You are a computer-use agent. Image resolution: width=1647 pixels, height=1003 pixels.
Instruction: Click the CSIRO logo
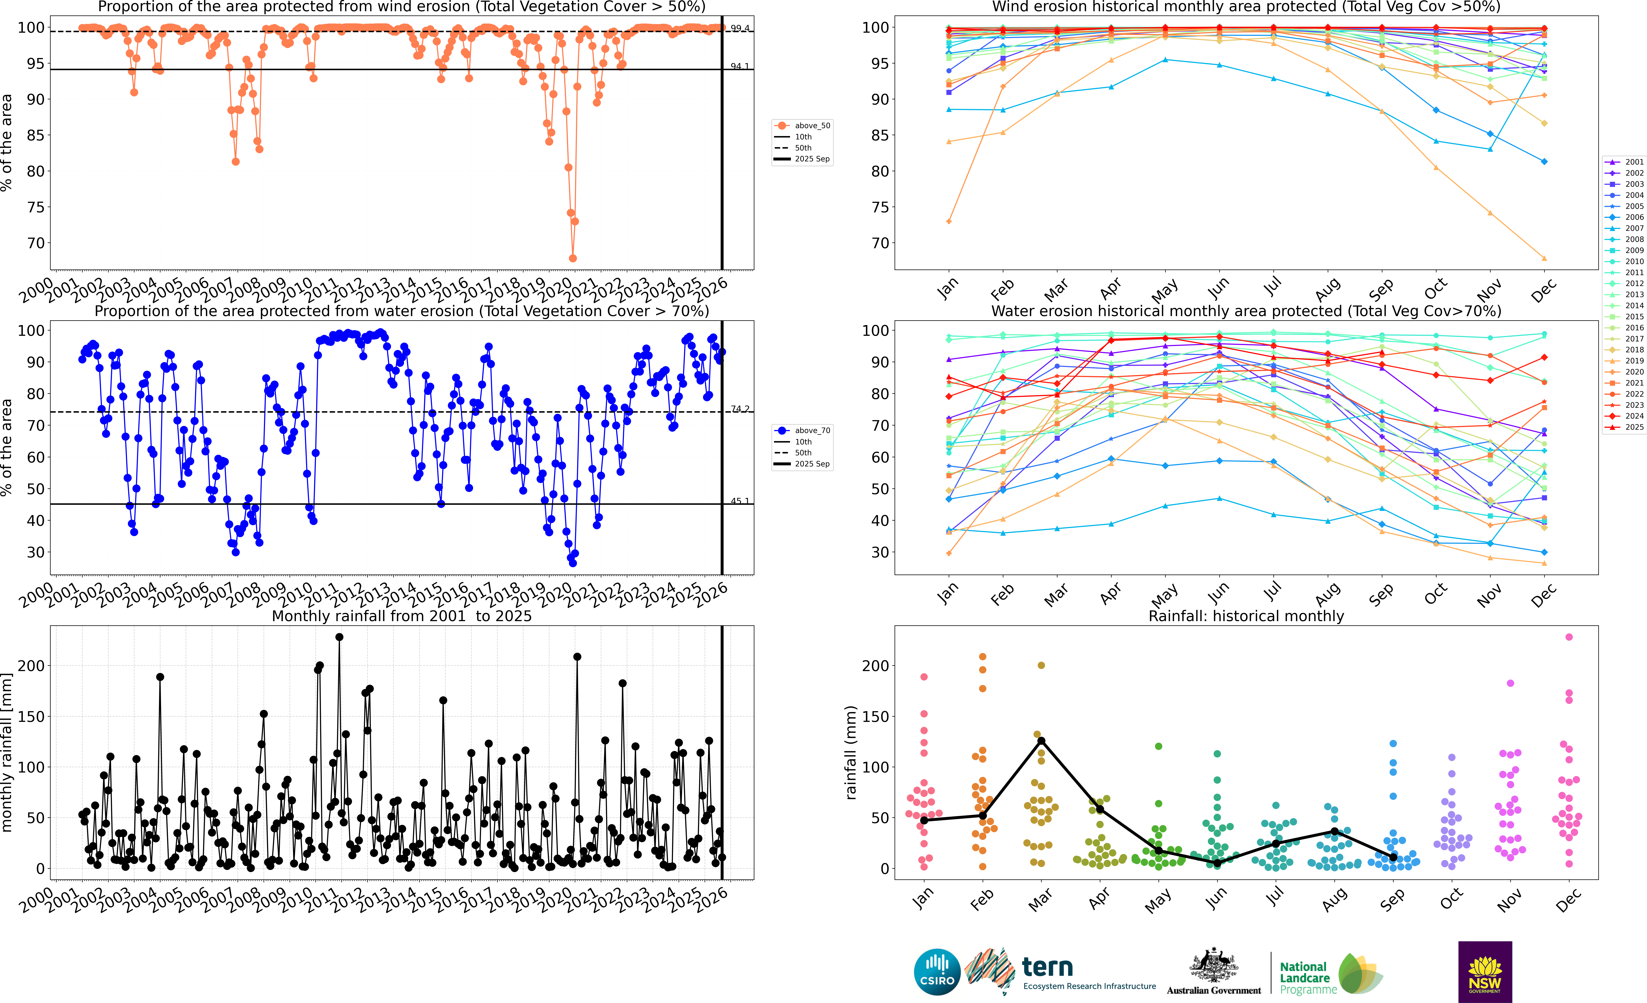[x=936, y=972]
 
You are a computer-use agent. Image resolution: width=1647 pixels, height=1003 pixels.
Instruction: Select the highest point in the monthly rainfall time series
[x=339, y=637]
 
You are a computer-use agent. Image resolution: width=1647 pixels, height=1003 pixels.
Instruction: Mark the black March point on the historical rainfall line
[x=1041, y=741]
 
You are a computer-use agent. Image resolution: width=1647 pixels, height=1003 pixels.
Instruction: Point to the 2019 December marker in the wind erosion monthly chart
[x=1544, y=258]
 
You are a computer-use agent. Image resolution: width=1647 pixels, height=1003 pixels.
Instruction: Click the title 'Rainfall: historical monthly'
[x=1246, y=616]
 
